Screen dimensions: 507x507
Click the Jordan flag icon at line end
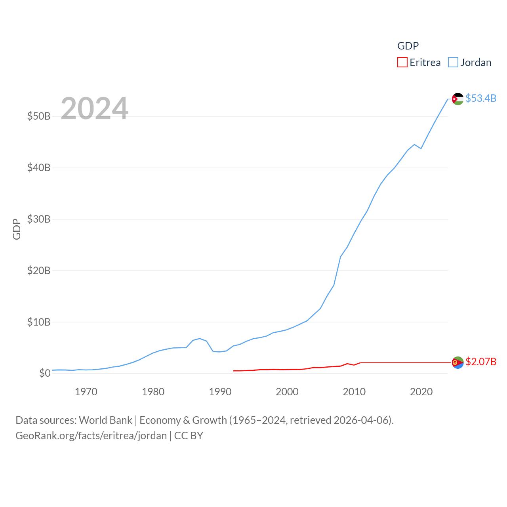(457, 99)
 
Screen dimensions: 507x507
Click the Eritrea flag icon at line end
(457, 362)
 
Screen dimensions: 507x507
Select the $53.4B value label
(481, 98)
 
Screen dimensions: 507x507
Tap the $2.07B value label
(481, 362)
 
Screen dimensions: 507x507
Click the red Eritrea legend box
(402, 63)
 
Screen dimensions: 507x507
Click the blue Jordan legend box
(453, 63)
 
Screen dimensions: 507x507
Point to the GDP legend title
(408, 46)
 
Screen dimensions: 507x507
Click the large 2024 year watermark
(94, 108)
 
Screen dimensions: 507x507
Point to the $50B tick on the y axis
(39, 116)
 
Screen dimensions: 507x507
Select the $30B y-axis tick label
(39, 219)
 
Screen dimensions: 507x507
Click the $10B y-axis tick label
(39, 322)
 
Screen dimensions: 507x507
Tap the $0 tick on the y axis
(45, 373)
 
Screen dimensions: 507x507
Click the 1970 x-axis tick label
(86, 392)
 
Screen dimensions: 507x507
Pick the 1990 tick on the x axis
(220, 392)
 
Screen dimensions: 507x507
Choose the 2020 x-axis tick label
(421, 392)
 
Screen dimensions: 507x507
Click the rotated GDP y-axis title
(17, 229)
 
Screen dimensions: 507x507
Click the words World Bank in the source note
(105, 420)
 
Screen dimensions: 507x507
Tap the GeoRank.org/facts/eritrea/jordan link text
(91, 436)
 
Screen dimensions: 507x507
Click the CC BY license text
(189, 436)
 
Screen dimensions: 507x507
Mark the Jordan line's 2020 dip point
(421, 149)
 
